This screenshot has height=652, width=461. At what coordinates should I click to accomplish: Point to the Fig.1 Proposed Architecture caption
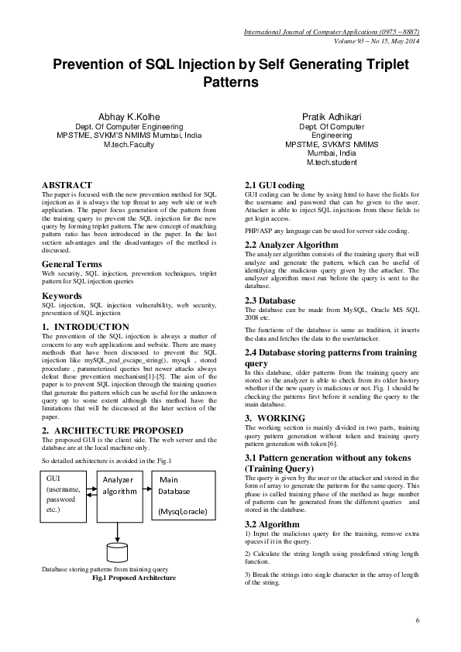tap(134, 578)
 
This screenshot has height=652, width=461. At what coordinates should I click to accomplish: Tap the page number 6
tap(418, 621)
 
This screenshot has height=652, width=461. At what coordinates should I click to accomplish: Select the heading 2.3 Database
tap(270, 300)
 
